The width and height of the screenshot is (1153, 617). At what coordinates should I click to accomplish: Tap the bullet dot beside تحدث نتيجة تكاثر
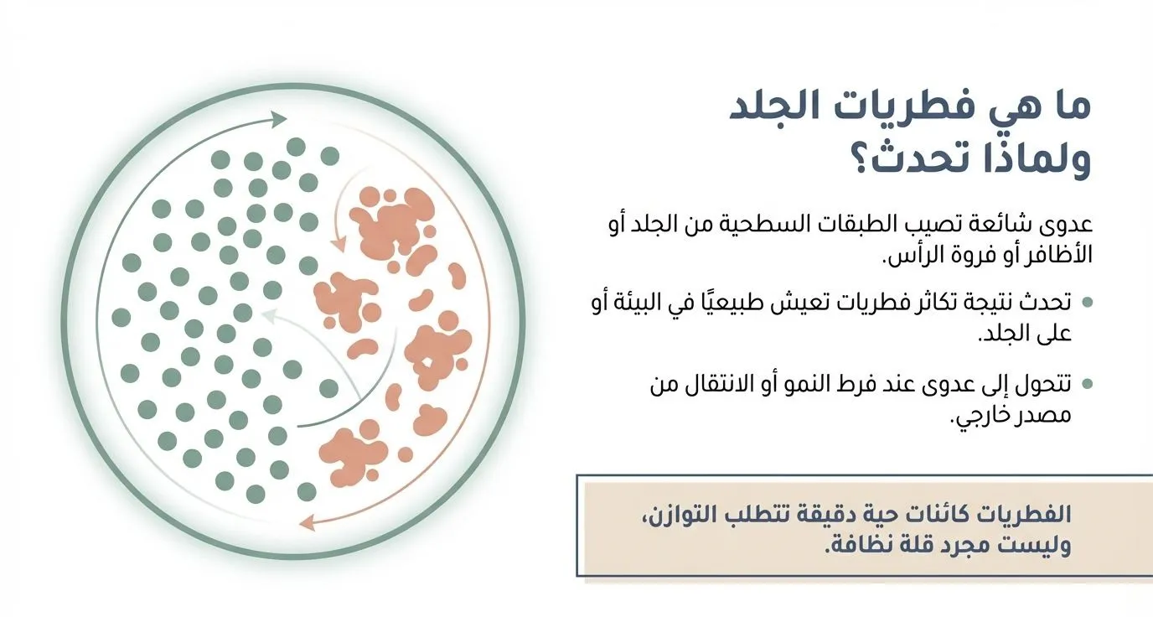1087,302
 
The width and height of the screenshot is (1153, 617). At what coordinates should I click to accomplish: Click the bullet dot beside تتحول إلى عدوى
1087,384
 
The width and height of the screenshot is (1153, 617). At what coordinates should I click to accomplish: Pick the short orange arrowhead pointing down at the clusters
338,245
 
